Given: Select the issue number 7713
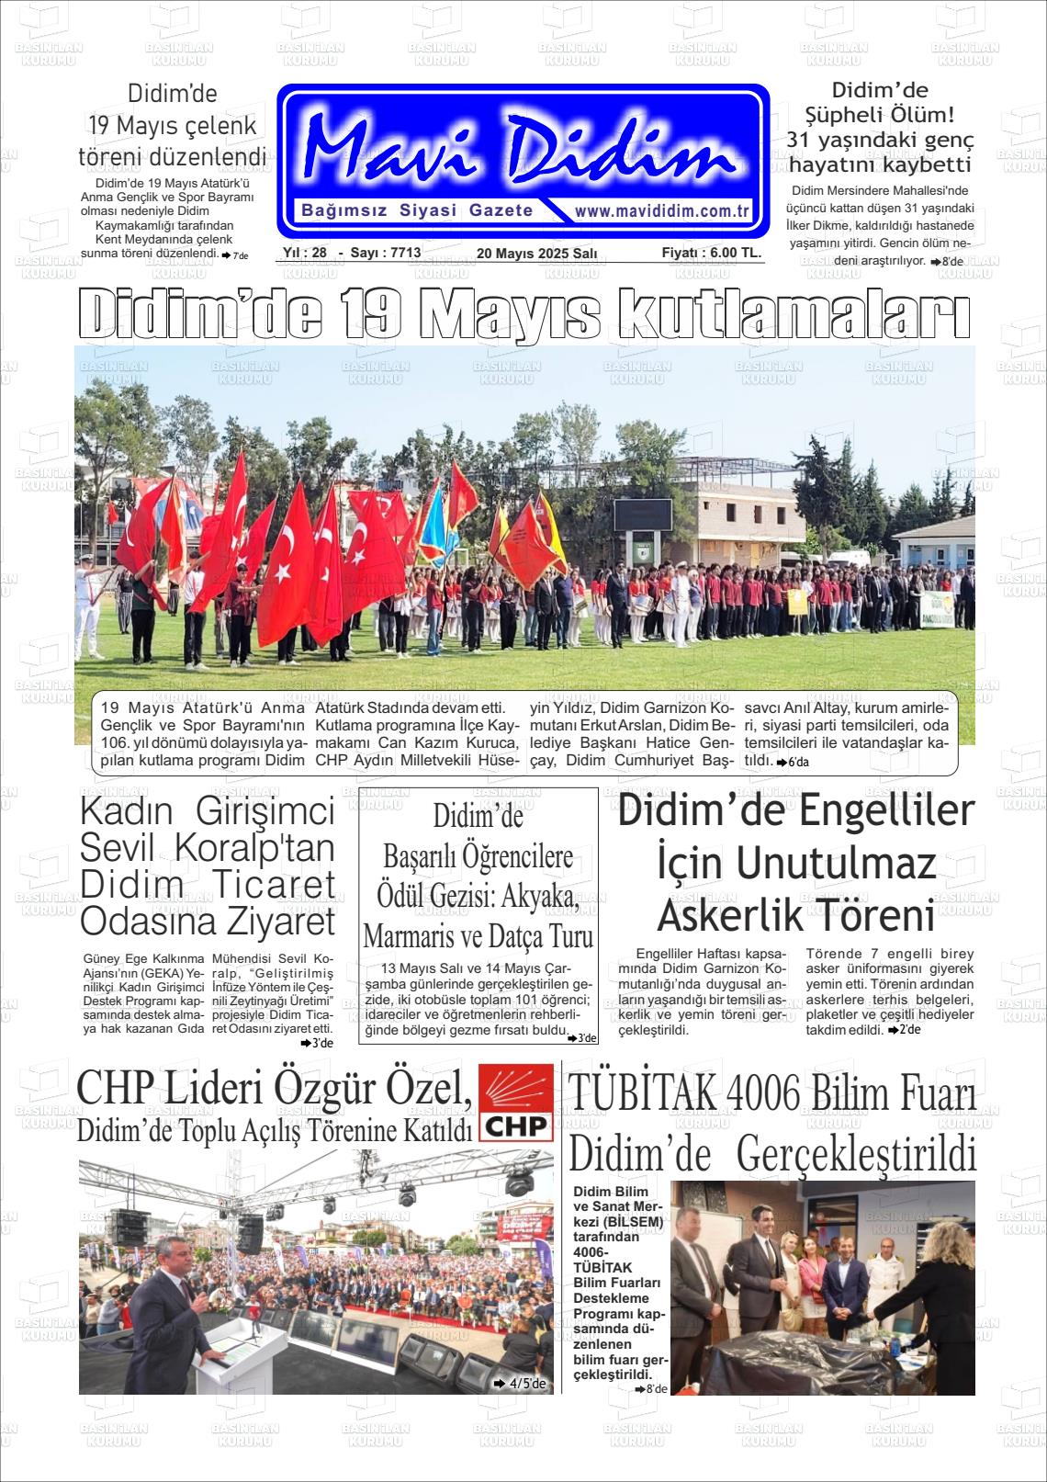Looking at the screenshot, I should (405, 253).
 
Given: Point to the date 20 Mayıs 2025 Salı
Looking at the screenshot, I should (536, 254).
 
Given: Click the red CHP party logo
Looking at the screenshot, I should (515, 1103).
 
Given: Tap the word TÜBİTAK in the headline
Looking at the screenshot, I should (642, 1094).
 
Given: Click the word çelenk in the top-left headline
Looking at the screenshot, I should (209, 126).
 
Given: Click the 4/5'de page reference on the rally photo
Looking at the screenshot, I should (520, 1383).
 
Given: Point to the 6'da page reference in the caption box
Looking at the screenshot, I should (793, 763).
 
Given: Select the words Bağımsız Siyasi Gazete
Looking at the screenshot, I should (418, 210).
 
